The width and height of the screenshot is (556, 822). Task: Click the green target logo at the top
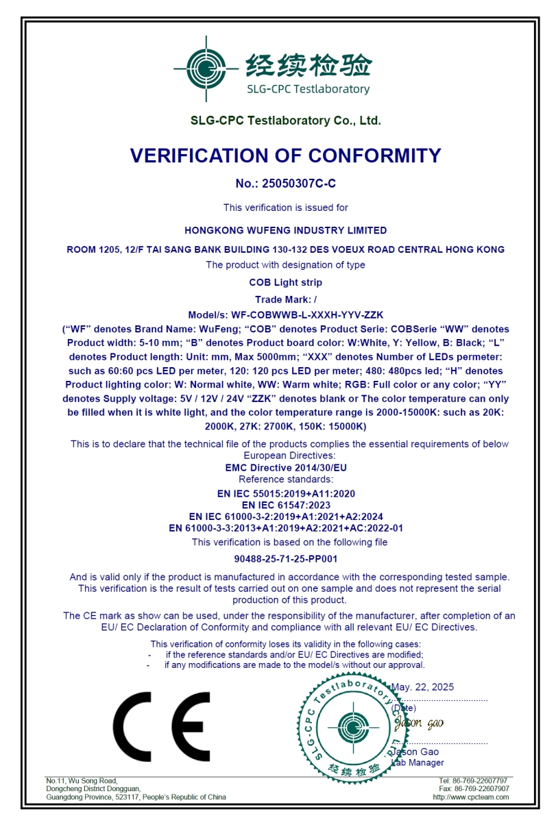201,67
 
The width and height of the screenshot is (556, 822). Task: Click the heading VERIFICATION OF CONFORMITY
285,156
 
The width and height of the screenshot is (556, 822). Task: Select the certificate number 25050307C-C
299,184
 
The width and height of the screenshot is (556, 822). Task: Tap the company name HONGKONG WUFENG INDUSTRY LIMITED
285,230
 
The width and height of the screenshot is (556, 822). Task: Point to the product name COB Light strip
285,282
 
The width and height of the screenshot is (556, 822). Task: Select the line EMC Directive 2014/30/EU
285,468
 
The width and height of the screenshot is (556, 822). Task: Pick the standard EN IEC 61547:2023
285,505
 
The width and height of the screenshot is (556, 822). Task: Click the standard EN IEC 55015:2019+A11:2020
285,493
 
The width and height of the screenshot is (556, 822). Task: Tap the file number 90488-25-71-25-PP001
285,559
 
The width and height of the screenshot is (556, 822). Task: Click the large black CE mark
162,726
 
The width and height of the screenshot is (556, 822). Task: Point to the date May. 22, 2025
422,687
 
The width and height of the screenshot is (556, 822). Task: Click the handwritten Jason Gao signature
418,723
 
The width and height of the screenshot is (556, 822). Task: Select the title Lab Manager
418,762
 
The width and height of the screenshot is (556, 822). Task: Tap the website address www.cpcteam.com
471,797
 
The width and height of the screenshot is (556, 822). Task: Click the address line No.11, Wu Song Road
82,781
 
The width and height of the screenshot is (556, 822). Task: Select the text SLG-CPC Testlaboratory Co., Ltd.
285,121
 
